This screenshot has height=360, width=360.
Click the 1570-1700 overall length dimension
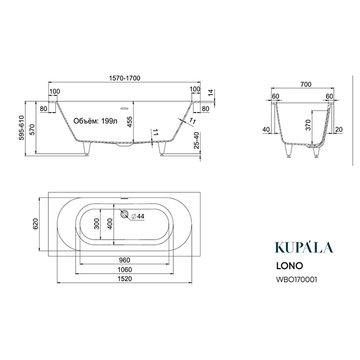coord(124,78)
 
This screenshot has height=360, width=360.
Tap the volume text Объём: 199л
coord(95,121)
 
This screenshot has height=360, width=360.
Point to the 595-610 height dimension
coord(21,128)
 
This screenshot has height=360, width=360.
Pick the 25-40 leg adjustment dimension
coord(197,140)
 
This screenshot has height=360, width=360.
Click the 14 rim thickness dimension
coord(210,93)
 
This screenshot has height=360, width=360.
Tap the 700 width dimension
coord(306,84)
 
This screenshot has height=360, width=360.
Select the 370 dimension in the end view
coord(308,125)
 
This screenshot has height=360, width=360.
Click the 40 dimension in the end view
coord(266,130)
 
